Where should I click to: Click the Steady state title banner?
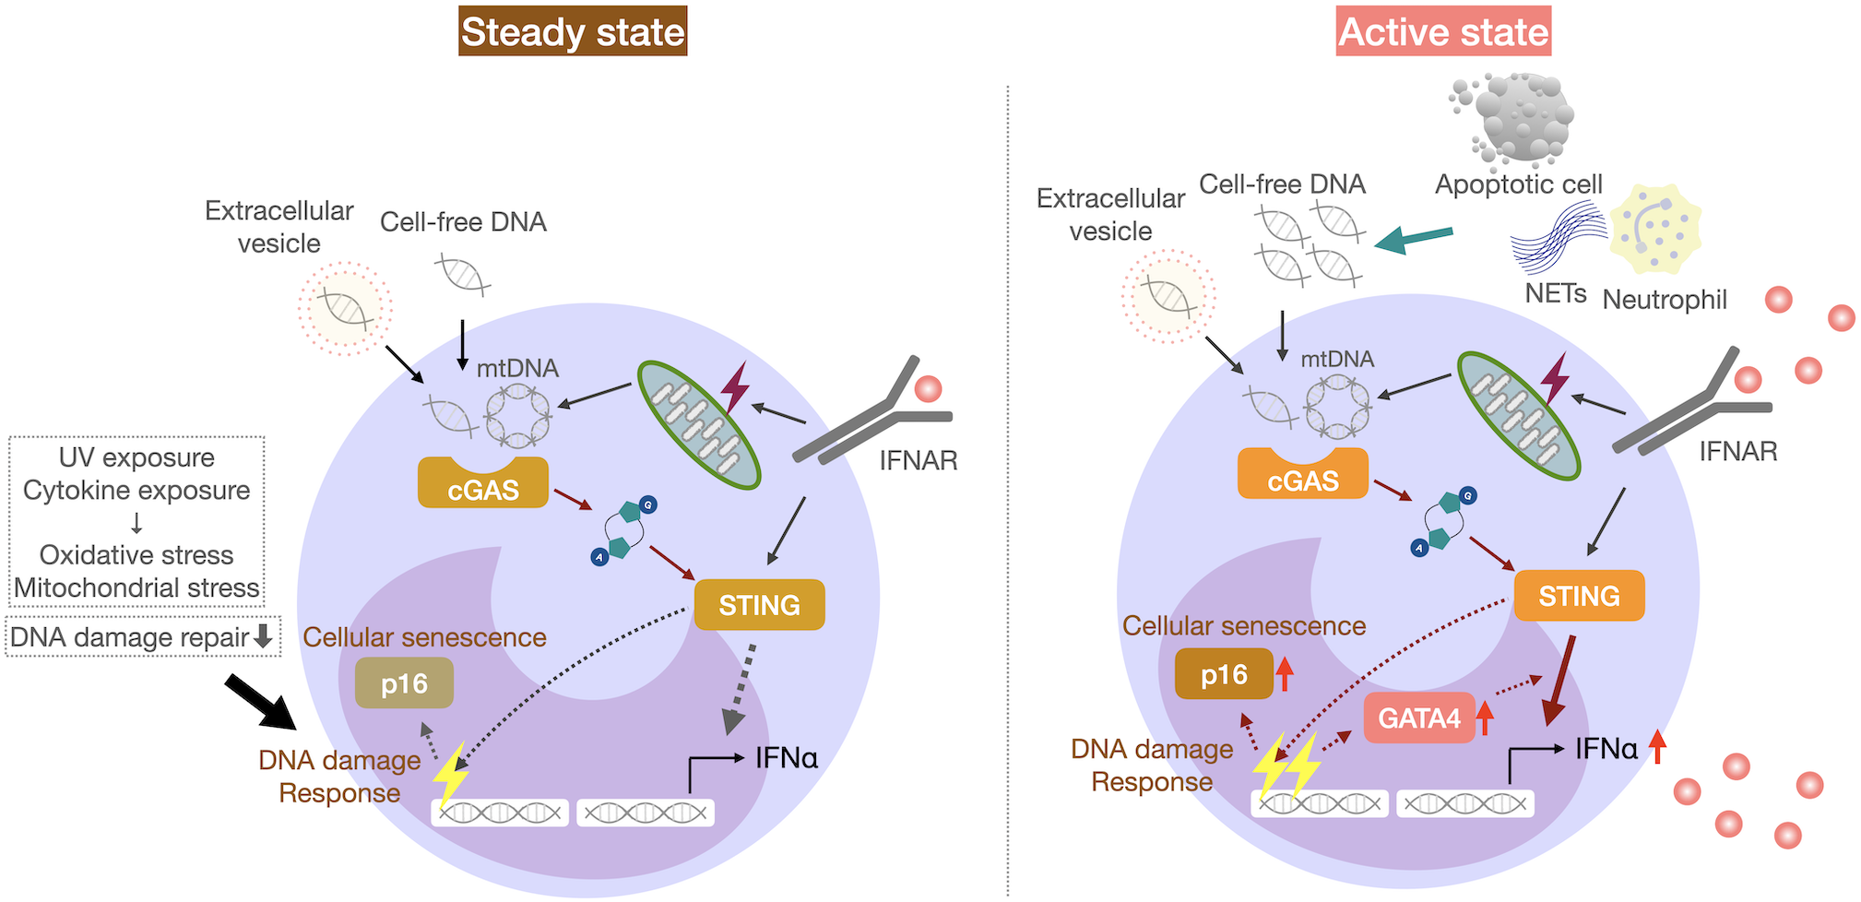[572, 31]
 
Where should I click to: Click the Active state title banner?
[1442, 31]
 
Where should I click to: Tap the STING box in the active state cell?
[1579, 597]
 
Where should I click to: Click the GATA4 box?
[1418, 718]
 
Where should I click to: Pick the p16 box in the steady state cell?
[404, 683]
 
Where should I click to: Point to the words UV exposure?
[136, 457]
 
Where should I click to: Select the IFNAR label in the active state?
[1737, 451]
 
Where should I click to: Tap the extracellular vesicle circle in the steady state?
[345, 308]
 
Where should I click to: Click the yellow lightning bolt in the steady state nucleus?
[450, 774]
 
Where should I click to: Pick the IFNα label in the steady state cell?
[786, 758]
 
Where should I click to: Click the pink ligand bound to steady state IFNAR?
[928, 388]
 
